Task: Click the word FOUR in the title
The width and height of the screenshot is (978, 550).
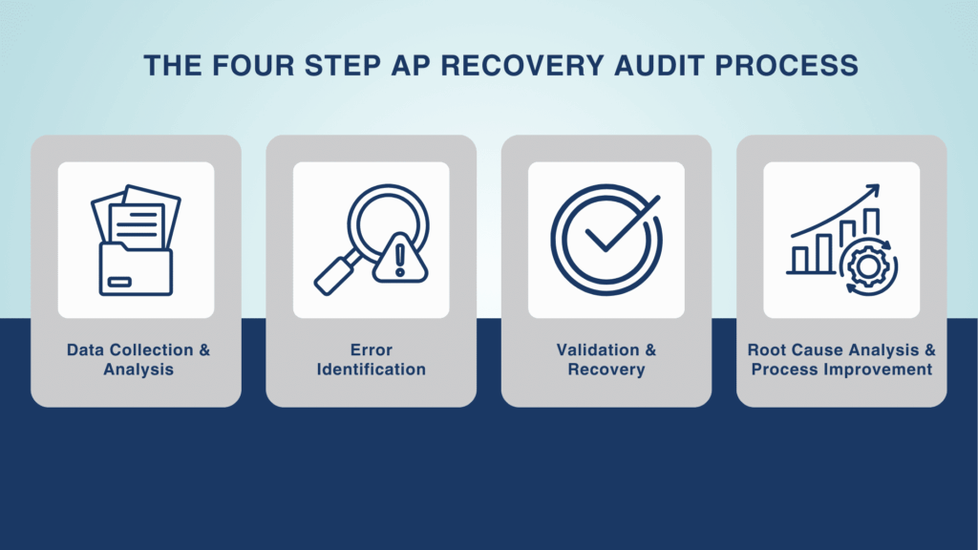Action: pyautogui.click(x=253, y=66)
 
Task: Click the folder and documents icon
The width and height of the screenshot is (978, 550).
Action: pyautogui.click(x=136, y=240)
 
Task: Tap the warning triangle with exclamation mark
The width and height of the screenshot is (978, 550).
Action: pyautogui.click(x=400, y=258)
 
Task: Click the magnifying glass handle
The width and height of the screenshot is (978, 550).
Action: pyautogui.click(x=337, y=273)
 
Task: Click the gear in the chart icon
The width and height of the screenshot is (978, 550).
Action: pyautogui.click(x=867, y=266)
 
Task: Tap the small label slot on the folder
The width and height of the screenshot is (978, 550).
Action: pyautogui.click(x=119, y=282)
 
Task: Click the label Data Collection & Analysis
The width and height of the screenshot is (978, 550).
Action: pyautogui.click(x=138, y=359)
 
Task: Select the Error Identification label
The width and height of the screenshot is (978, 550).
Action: pyautogui.click(x=372, y=359)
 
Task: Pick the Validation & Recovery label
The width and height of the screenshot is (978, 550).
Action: pyautogui.click(x=606, y=359)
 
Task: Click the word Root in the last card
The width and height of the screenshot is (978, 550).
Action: pyautogui.click(x=767, y=349)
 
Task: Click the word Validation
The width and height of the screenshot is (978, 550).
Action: pyautogui.click(x=598, y=349)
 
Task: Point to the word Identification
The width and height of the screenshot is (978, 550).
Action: pyautogui.click(x=372, y=370)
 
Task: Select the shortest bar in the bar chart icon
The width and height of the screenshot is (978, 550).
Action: pyautogui.click(x=799, y=260)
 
